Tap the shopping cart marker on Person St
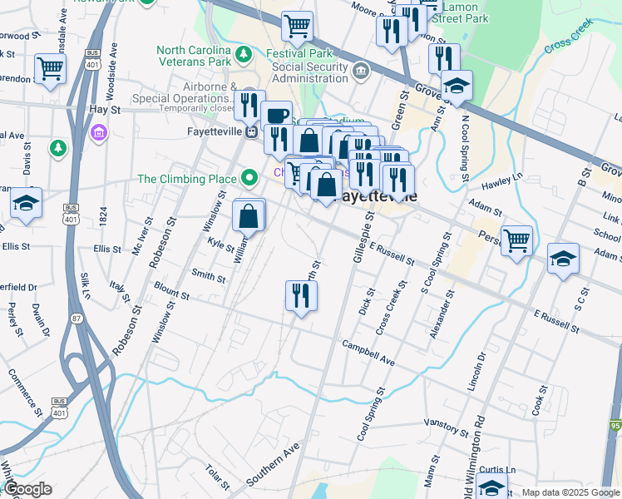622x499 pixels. [516, 240]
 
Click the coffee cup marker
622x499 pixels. [276, 116]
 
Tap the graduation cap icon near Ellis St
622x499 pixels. [26, 203]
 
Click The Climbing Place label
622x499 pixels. [187, 178]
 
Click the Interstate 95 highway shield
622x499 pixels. [615, 423]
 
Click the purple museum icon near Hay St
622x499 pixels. [99, 132]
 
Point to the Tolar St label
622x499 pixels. [218, 477]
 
